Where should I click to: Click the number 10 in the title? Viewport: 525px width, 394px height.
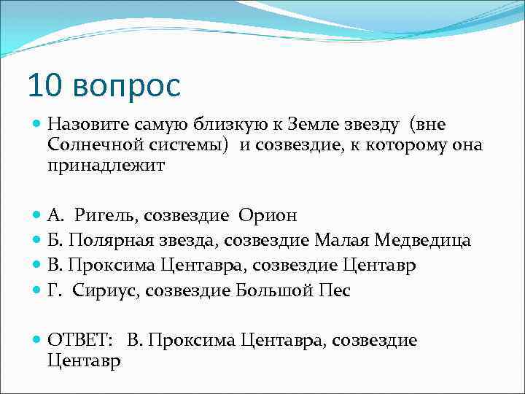click(46, 86)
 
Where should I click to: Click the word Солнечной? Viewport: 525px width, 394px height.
click(91, 145)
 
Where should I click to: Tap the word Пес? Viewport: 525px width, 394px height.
click(335, 290)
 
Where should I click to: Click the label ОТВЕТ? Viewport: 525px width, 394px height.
click(79, 340)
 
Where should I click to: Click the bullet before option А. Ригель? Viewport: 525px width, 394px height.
click(37, 215)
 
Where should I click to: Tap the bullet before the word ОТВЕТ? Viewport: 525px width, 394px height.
click(37, 340)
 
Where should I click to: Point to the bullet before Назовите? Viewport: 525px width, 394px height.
click(37, 125)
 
